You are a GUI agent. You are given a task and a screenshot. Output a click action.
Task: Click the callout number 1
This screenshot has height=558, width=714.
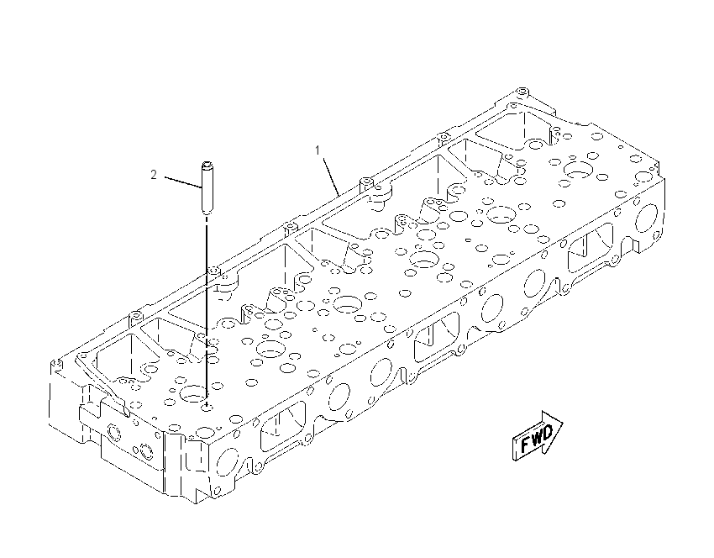[318, 150]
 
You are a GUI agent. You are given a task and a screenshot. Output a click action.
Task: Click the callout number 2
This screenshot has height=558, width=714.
[154, 175]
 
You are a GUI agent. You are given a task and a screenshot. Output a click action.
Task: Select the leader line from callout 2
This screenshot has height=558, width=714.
[182, 182]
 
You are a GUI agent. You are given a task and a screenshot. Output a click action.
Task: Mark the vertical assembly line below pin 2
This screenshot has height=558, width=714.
[207, 310]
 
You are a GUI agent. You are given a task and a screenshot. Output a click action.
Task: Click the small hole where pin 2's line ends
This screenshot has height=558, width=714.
[207, 406]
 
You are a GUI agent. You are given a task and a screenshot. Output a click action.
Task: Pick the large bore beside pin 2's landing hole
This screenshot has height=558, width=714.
[194, 392]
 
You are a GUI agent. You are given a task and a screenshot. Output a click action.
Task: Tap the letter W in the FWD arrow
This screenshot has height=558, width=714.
[537, 437]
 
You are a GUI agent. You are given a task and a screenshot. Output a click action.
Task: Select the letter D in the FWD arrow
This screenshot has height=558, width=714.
[549, 431]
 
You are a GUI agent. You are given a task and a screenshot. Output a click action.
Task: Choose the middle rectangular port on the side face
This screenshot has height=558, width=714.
[436, 336]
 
